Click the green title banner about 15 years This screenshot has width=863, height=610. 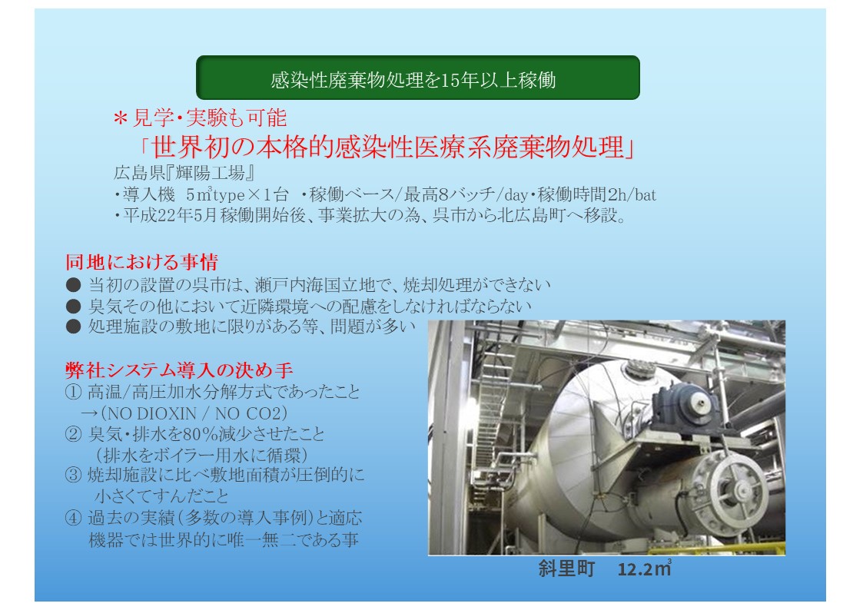pyautogui.click(x=418, y=78)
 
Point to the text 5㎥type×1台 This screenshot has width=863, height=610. pyautogui.click(x=237, y=194)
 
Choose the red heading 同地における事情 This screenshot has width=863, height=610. pyautogui.click(x=141, y=262)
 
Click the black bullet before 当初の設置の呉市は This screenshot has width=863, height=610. pyautogui.click(x=73, y=285)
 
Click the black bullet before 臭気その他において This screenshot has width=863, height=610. pyautogui.click(x=73, y=306)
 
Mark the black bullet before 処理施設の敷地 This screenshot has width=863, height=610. pyautogui.click(x=73, y=327)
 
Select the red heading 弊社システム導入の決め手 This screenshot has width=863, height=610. pyautogui.click(x=179, y=370)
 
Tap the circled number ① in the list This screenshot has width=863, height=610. pyautogui.click(x=73, y=392)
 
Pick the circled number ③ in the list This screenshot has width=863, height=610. pyautogui.click(x=73, y=476)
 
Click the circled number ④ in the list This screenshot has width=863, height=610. pyautogui.click(x=73, y=518)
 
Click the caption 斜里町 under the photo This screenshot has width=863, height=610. pyautogui.click(x=567, y=569)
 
